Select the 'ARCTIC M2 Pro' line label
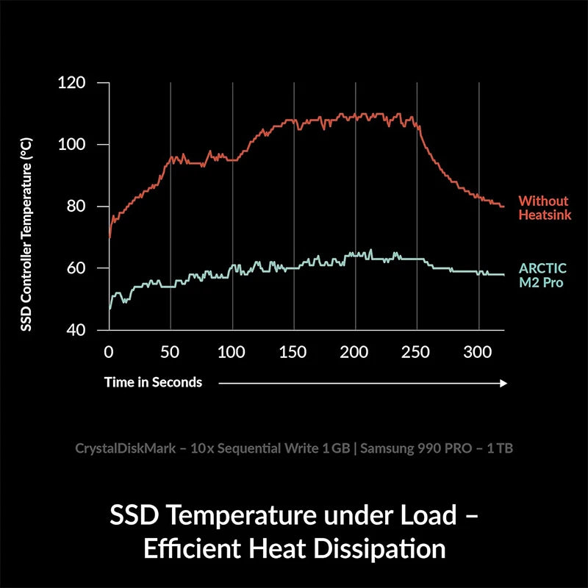click(542, 274)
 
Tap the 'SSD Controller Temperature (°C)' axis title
click(26, 232)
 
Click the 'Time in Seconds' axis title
click(153, 382)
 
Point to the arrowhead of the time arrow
click(503, 383)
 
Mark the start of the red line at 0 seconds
click(110, 238)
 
